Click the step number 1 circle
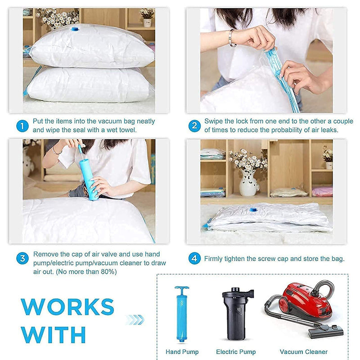point(22,126)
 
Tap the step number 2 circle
point(194,126)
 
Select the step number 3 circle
point(22,258)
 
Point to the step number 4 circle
point(194,258)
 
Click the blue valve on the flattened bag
point(253,210)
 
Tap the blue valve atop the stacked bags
point(74,29)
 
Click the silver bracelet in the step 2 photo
point(231,38)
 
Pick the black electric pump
point(237,314)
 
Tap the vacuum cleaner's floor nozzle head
point(325,331)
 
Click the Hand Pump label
point(182,351)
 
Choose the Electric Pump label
point(236,351)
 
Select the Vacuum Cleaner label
point(303,351)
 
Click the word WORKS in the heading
point(67,306)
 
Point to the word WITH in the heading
point(53,334)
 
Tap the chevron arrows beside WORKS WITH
point(135,319)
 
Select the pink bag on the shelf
point(322,192)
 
